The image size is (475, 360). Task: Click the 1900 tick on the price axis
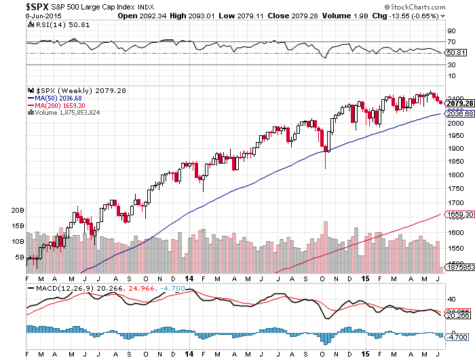pyautogui.click(x=455, y=149)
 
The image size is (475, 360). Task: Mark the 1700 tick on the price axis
pyautogui.click(x=455, y=203)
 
